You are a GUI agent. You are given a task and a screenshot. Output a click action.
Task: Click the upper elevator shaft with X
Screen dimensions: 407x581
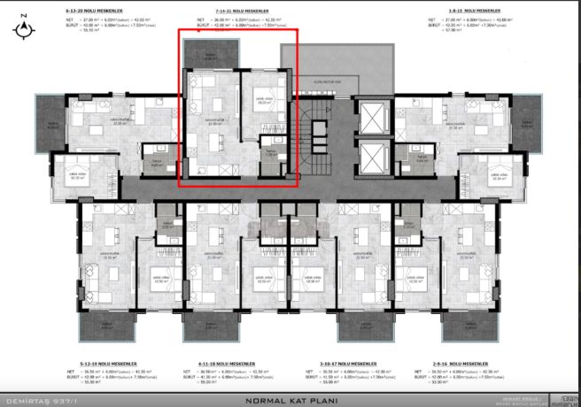point(374,118)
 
